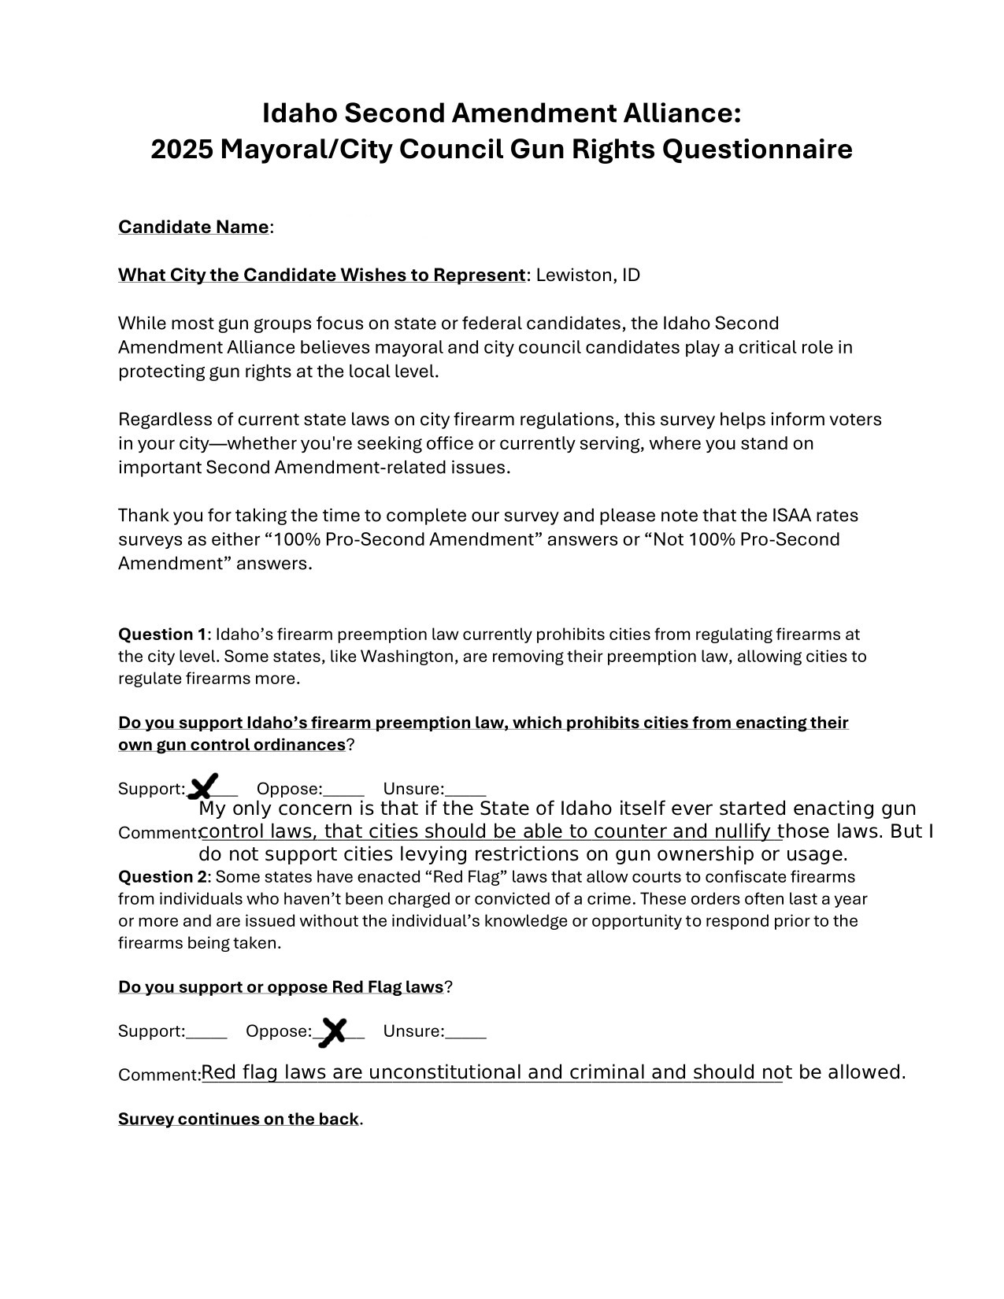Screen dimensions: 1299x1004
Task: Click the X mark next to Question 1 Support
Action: tap(205, 786)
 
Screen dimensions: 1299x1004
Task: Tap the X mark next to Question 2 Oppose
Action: tap(334, 1031)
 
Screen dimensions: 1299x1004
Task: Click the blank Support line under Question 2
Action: tap(206, 1036)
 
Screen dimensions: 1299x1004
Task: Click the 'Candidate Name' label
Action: tap(194, 228)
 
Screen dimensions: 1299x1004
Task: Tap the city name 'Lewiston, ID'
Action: tap(588, 276)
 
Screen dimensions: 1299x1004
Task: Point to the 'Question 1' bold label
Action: tap(161, 635)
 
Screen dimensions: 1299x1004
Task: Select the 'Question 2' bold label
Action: tap(161, 877)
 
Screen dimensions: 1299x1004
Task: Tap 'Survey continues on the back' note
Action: tap(239, 1120)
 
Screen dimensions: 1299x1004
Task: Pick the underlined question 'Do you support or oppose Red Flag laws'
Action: tap(281, 987)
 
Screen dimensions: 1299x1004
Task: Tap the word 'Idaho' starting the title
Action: tap(300, 113)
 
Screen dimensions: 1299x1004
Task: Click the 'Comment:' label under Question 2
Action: tap(160, 1075)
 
